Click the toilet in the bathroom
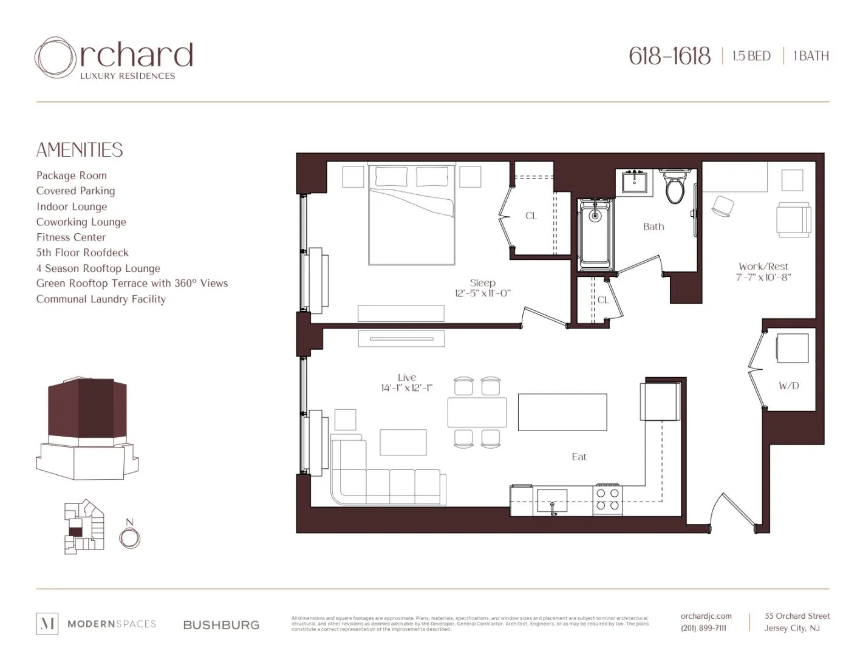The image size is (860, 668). pos(675,186)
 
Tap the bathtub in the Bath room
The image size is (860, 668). pos(595,234)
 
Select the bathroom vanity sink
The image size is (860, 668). pos(635,182)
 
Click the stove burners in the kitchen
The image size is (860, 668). pos(607,499)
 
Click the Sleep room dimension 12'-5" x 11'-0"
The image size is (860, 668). pos(483,293)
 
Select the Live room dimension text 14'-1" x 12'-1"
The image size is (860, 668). pos(406,388)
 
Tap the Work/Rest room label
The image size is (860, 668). pos(763,267)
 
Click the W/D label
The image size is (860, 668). pos(788,386)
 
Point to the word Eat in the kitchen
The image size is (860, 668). pos(579,457)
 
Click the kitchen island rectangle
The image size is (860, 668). pos(562,412)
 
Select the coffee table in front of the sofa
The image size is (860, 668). pos(403,442)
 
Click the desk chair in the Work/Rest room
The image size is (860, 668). pos(722,206)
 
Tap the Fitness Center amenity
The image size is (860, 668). pos(71,237)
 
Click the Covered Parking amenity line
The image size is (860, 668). pos(75,191)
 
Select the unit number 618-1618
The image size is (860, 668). pos(669,56)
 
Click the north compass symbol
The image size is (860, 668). pos(129,537)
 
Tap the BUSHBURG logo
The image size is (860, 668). pos(221,625)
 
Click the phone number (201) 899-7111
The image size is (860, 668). pos(703,628)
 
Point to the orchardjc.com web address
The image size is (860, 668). pos(706,616)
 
